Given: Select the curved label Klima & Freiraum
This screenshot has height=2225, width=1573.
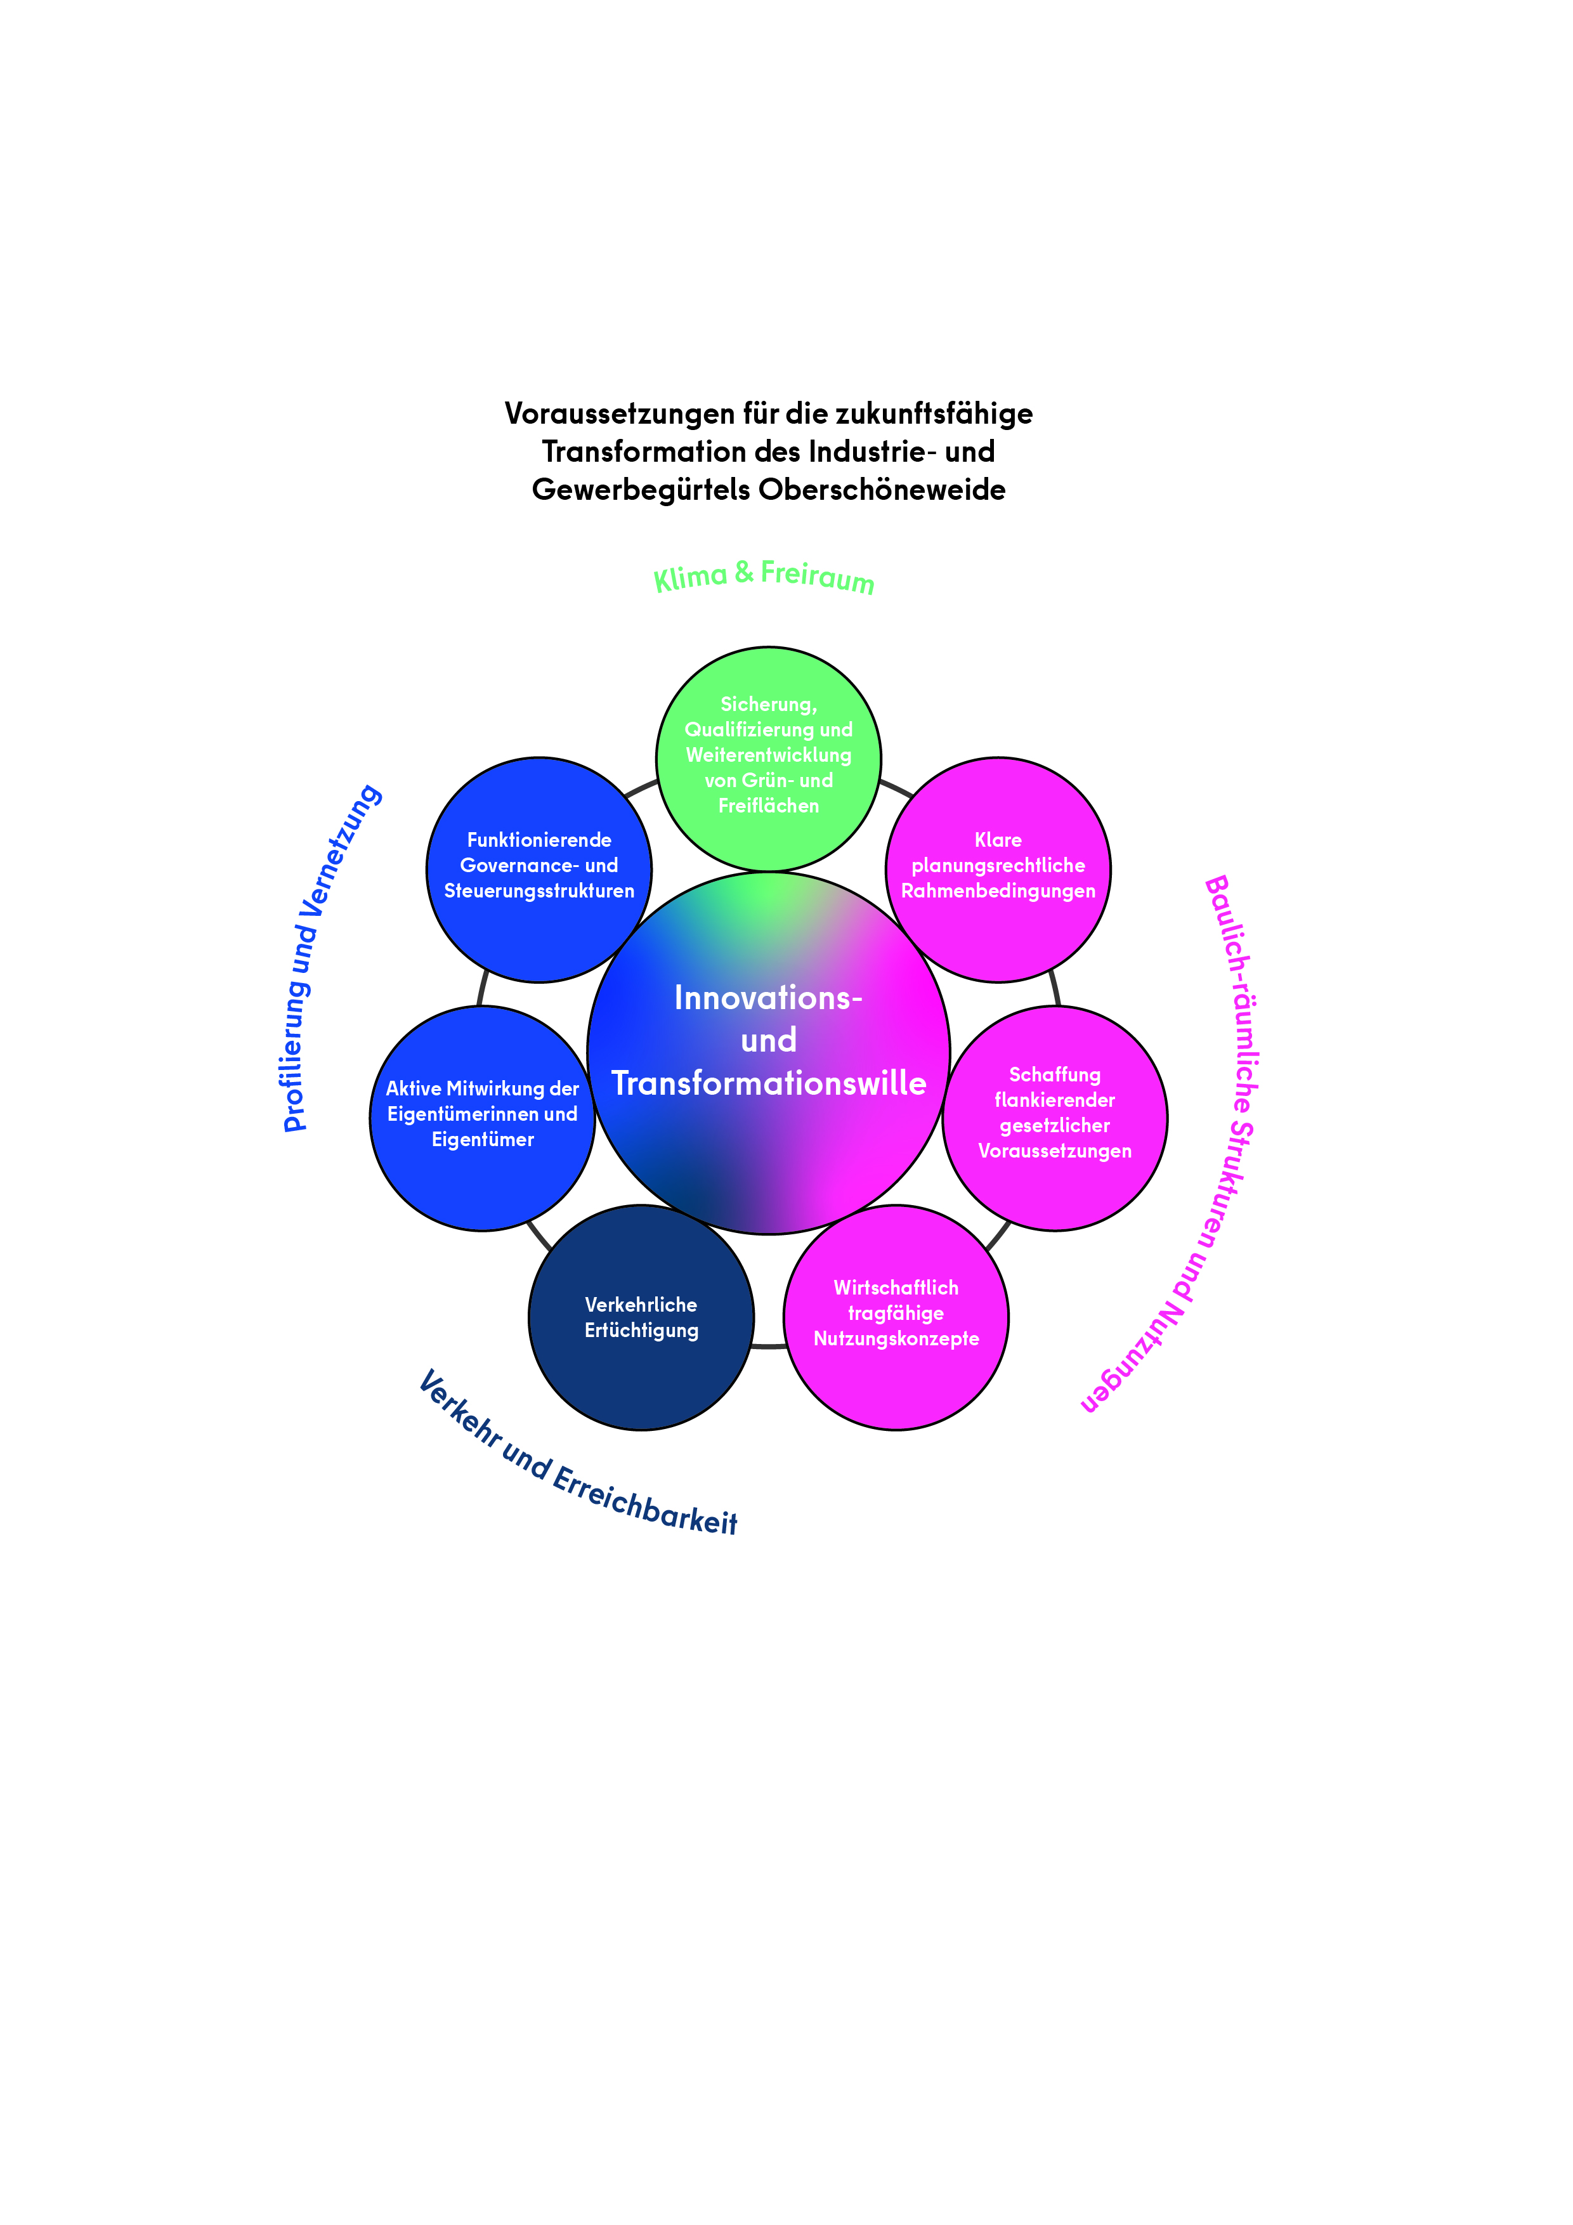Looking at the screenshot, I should [764, 576].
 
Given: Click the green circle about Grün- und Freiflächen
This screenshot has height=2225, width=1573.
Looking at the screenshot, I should [769, 758].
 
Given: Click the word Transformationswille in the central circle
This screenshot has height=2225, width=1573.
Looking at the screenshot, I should [769, 1083].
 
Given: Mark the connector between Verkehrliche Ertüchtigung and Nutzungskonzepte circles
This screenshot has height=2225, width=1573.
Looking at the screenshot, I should [769, 1346].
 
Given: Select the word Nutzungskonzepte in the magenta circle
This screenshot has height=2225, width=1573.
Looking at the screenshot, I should [896, 1338].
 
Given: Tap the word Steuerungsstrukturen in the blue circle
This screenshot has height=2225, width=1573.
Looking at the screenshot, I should [539, 891].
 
